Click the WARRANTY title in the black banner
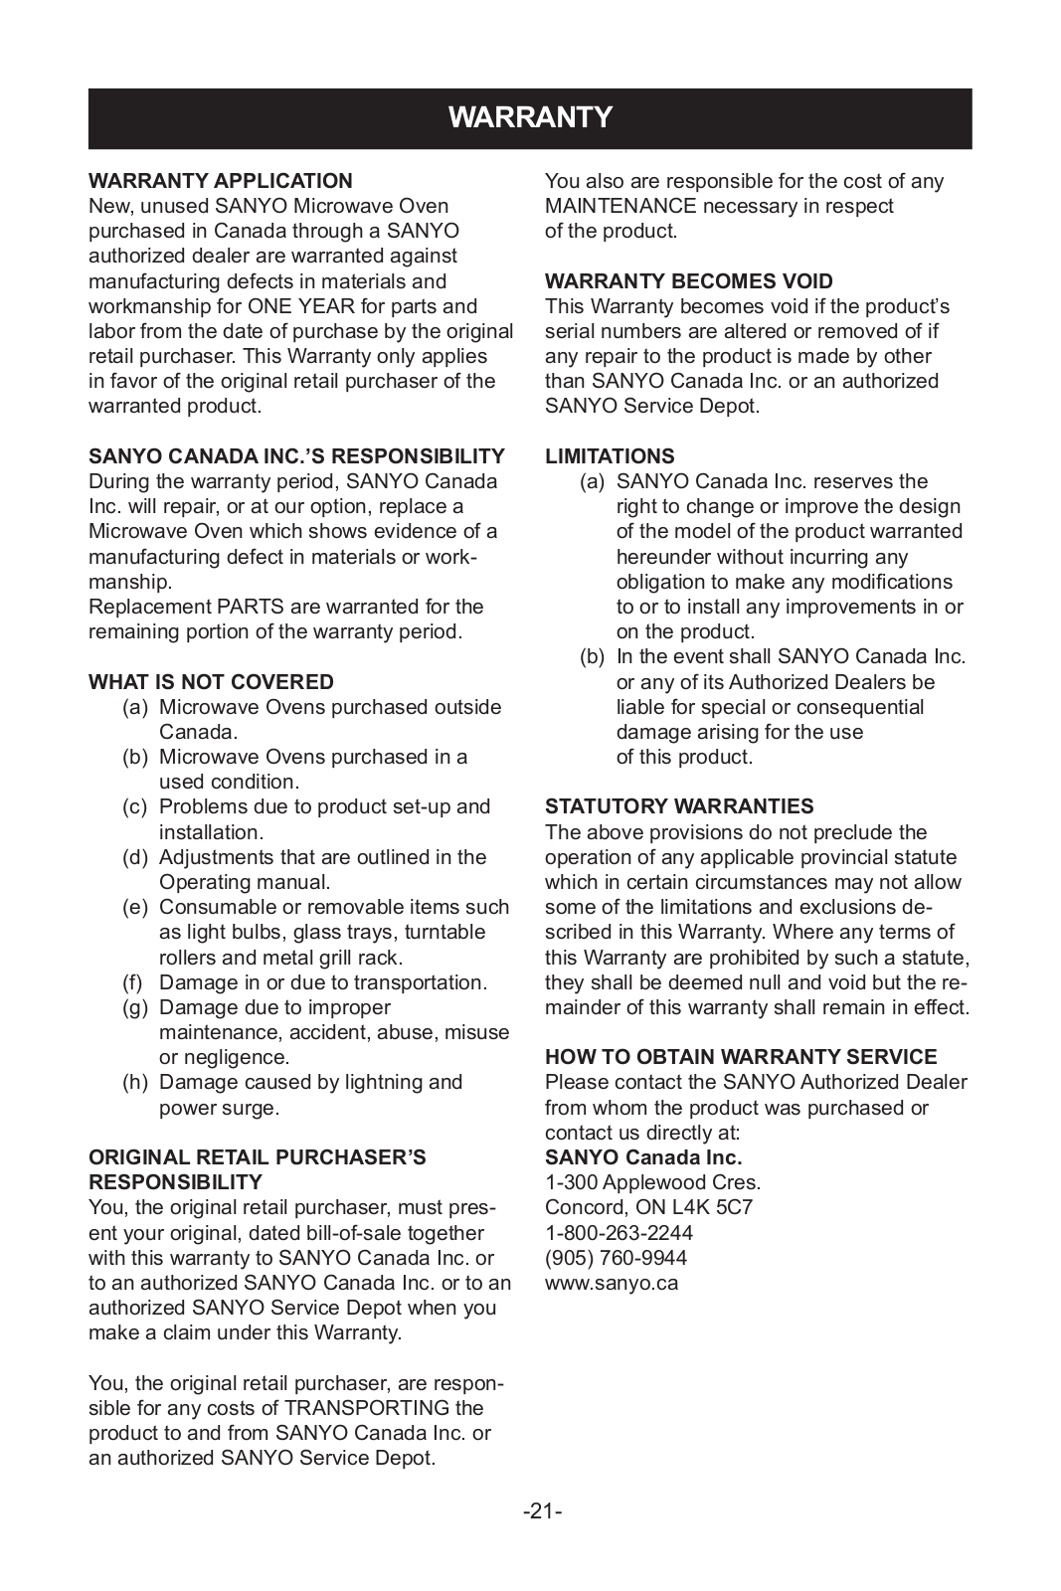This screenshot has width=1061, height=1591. pyautogui.click(x=530, y=118)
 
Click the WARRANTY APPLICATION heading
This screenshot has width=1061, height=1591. pyautogui.click(x=221, y=181)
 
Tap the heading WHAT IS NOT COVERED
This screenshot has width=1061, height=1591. pyautogui.click(x=211, y=682)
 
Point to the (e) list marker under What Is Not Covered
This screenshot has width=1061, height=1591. pyautogui.click(x=135, y=907)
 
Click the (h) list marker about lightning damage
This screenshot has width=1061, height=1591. pyautogui.click(x=135, y=1082)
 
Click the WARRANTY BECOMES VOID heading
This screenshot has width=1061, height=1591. pyautogui.click(x=689, y=281)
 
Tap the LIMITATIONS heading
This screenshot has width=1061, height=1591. pyautogui.click(x=610, y=456)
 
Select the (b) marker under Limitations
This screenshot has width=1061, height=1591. pyautogui.click(x=594, y=656)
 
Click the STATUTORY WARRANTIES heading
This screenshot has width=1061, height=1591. pyautogui.click(x=679, y=806)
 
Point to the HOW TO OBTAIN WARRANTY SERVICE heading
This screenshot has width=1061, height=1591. pyautogui.click(x=741, y=1057)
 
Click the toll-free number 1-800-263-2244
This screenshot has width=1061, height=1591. pyautogui.click(x=619, y=1233)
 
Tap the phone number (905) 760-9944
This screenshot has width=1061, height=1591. pyautogui.click(x=616, y=1258)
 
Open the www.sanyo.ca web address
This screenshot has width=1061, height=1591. pyautogui.click(x=612, y=1283)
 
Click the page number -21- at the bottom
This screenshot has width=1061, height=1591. pyautogui.click(x=543, y=1511)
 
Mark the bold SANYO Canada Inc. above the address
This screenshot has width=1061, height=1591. pyautogui.click(x=643, y=1157)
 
